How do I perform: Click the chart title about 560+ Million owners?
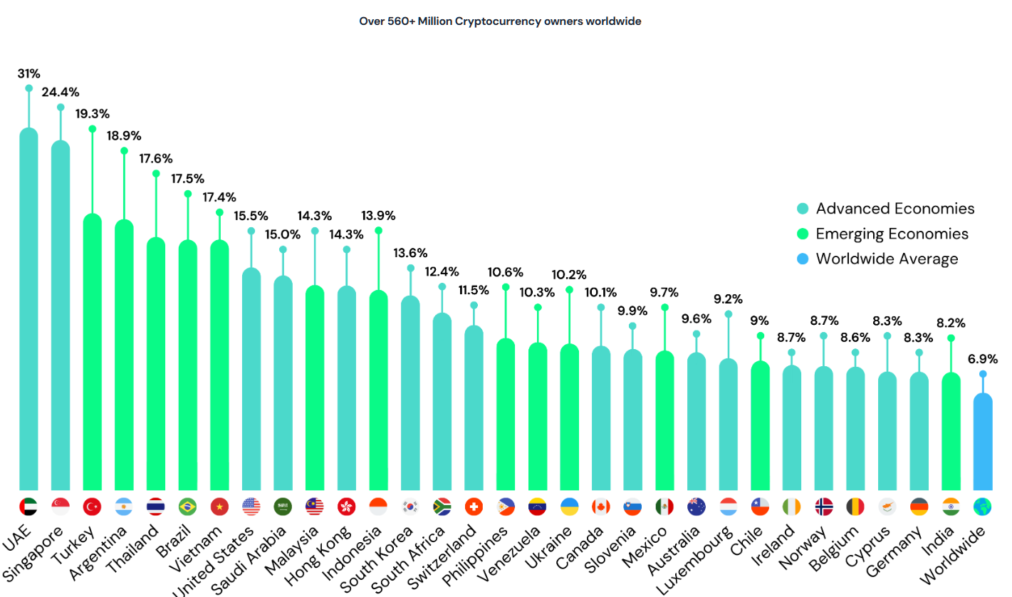click(501, 21)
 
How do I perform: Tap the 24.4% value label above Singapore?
click(61, 92)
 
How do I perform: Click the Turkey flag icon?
click(93, 507)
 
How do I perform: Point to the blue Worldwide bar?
click(983, 442)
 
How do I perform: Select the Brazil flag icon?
click(188, 507)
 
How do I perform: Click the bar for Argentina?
click(124, 356)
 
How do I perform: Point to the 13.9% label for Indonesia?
click(378, 215)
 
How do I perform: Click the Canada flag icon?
click(601, 507)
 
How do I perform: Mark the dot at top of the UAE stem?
click(28, 88)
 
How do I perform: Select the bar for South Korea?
click(410, 392)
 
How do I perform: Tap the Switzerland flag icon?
click(474, 507)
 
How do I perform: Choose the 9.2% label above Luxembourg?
click(728, 299)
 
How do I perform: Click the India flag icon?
click(951, 507)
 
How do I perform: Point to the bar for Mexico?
click(664, 420)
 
